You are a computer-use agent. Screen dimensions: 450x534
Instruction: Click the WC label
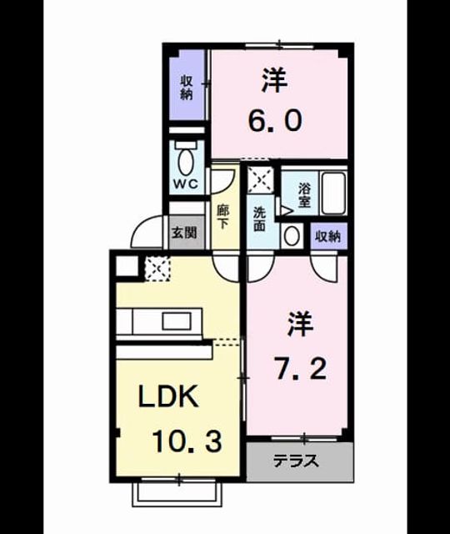pyautogui.click(x=186, y=184)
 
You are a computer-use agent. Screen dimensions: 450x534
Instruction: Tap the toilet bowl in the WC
pyautogui.click(x=185, y=161)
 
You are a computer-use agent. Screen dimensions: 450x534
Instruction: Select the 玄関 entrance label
pyautogui.click(x=183, y=233)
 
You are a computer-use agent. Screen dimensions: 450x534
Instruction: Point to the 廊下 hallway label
pyautogui.click(x=223, y=217)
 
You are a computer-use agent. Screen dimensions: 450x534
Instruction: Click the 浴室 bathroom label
pyautogui.click(x=304, y=194)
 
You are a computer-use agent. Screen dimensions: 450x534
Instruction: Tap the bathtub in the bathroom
pyautogui.click(x=333, y=193)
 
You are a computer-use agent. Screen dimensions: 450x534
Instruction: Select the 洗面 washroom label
pyautogui.click(x=259, y=219)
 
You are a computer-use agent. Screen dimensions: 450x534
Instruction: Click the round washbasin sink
pyautogui.click(x=291, y=236)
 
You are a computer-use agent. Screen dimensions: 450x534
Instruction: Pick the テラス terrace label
pyautogui.click(x=297, y=461)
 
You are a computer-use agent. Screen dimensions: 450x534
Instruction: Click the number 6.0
pyautogui.click(x=275, y=121)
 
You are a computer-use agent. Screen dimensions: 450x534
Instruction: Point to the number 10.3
pyautogui.click(x=187, y=441)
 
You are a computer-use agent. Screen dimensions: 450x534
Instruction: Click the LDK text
pyautogui.click(x=168, y=395)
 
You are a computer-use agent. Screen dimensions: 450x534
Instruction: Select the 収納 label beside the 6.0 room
pyautogui.click(x=187, y=88)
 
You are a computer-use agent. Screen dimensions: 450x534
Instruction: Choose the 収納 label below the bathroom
pyautogui.click(x=328, y=235)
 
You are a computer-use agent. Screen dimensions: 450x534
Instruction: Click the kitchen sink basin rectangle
pyautogui.click(x=177, y=321)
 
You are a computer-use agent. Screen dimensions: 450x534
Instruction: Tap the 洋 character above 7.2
pyautogui.click(x=301, y=324)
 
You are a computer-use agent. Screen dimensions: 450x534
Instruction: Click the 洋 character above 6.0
pyautogui.click(x=274, y=80)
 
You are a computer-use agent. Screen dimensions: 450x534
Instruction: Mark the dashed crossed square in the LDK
pyautogui.click(x=157, y=269)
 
